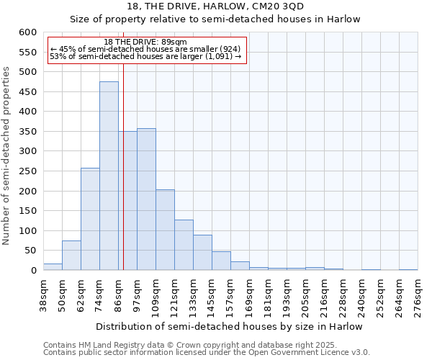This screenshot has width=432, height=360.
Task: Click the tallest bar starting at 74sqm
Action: click(x=109, y=176)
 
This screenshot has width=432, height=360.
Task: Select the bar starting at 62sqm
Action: click(x=90, y=219)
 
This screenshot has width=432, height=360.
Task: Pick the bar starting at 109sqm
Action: click(x=165, y=230)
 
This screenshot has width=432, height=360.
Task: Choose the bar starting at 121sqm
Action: click(x=184, y=245)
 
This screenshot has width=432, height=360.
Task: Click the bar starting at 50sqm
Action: click(x=71, y=256)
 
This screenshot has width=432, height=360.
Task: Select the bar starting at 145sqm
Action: click(x=221, y=261)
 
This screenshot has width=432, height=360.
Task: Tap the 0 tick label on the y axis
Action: click(x=33, y=271)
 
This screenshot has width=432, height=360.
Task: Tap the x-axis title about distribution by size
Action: click(x=229, y=327)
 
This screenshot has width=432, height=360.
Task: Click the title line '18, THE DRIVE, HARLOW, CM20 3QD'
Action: click(x=215, y=6)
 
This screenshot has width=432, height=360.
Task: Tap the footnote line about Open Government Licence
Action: click(x=206, y=353)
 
